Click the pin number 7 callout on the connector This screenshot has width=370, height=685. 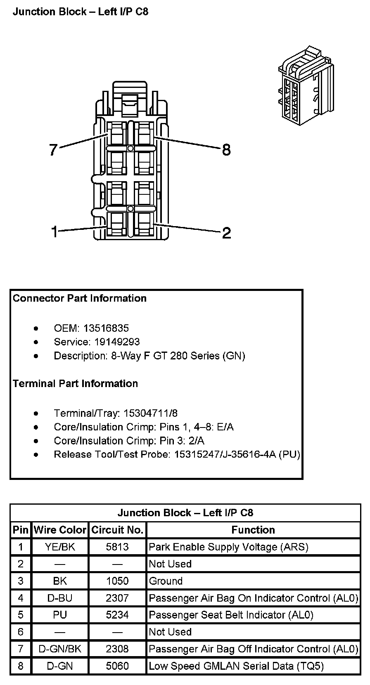click(53, 149)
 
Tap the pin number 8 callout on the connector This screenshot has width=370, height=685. click(226, 149)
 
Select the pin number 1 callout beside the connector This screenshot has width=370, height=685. click(54, 231)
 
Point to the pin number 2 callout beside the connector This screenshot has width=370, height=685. click(226, 233)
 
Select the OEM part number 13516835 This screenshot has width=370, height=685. click(106, 328)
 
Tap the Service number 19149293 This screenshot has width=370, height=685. click(117, 342)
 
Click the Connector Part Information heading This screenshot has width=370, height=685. click(80, 298)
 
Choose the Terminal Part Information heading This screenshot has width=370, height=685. click(75, 383)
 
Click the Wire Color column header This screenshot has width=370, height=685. click(60, 530)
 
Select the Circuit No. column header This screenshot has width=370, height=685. click(117, 530)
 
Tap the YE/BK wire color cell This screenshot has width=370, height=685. click(60, 547)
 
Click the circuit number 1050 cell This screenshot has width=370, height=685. click(117, 581)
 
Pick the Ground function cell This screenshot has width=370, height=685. click(166, 581)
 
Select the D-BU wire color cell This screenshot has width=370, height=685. click(60, 598)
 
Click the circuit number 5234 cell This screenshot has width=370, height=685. click(117, 615)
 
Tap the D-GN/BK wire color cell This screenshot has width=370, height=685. click(60, 649)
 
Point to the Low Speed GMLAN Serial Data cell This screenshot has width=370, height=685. click(236, 666)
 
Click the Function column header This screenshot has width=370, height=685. click(253, 530)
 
